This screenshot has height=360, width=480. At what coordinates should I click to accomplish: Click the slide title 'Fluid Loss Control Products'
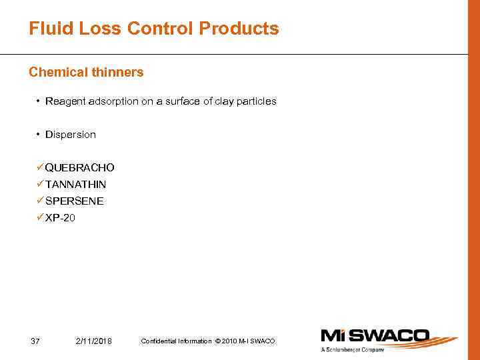(154, 29)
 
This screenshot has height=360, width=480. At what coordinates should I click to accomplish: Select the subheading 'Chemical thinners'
(86, 72)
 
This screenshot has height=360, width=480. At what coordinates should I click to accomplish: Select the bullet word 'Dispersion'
(71, 135)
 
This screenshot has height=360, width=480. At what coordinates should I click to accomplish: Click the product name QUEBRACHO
(79, 167)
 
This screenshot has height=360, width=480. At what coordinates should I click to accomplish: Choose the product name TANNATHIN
(75, 184)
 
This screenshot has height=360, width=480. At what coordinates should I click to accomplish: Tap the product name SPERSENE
(74, 201)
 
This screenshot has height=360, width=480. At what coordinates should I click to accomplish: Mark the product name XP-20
(60, 217)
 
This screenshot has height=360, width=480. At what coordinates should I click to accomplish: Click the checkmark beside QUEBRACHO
(40, 167)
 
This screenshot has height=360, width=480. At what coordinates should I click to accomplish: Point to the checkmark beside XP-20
(40, 217)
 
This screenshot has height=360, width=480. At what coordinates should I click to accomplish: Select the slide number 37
(35, 341)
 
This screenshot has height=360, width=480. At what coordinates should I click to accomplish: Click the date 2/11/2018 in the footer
(94, 341)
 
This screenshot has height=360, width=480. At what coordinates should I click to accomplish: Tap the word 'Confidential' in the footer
(157, 341)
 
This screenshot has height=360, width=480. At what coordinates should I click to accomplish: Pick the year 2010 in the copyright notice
(228, 341)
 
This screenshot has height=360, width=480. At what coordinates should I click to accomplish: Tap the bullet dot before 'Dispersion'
(39, 135)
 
